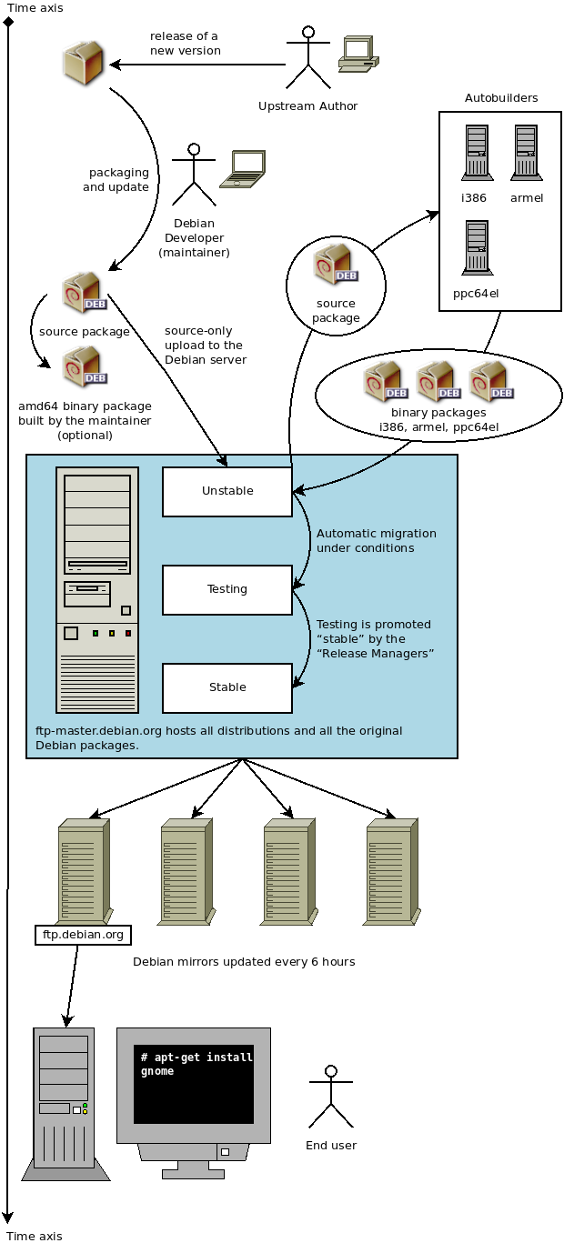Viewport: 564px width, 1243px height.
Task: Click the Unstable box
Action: tap(227, 492)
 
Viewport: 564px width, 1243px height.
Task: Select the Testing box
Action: tap(227, 589)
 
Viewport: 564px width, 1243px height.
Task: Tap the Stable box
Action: tap(227, 687)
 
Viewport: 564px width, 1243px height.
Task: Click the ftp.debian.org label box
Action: tap(83, 935)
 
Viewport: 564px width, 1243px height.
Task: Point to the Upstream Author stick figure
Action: tap(307, 59)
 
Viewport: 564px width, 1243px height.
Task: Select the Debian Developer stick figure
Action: tap(193, 175)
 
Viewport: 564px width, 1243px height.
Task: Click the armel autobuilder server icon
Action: tap(526, 153)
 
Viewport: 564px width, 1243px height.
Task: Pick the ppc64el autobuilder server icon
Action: tap(476, 247)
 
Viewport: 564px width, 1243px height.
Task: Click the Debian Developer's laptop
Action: tap(243, 169)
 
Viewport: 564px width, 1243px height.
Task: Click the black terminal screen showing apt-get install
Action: tap(194, 1083)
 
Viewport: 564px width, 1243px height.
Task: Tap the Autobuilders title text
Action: tap(501, 97)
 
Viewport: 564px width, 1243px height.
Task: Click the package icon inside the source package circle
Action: tap(335, 265)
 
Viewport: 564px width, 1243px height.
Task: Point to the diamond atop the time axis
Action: tap(8, 21)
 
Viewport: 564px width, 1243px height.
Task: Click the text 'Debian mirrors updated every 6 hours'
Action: tap(244, 961)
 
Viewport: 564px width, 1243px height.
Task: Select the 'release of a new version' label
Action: tap(185, 44)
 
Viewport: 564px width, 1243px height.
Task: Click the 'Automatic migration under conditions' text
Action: tap(376, 540)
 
